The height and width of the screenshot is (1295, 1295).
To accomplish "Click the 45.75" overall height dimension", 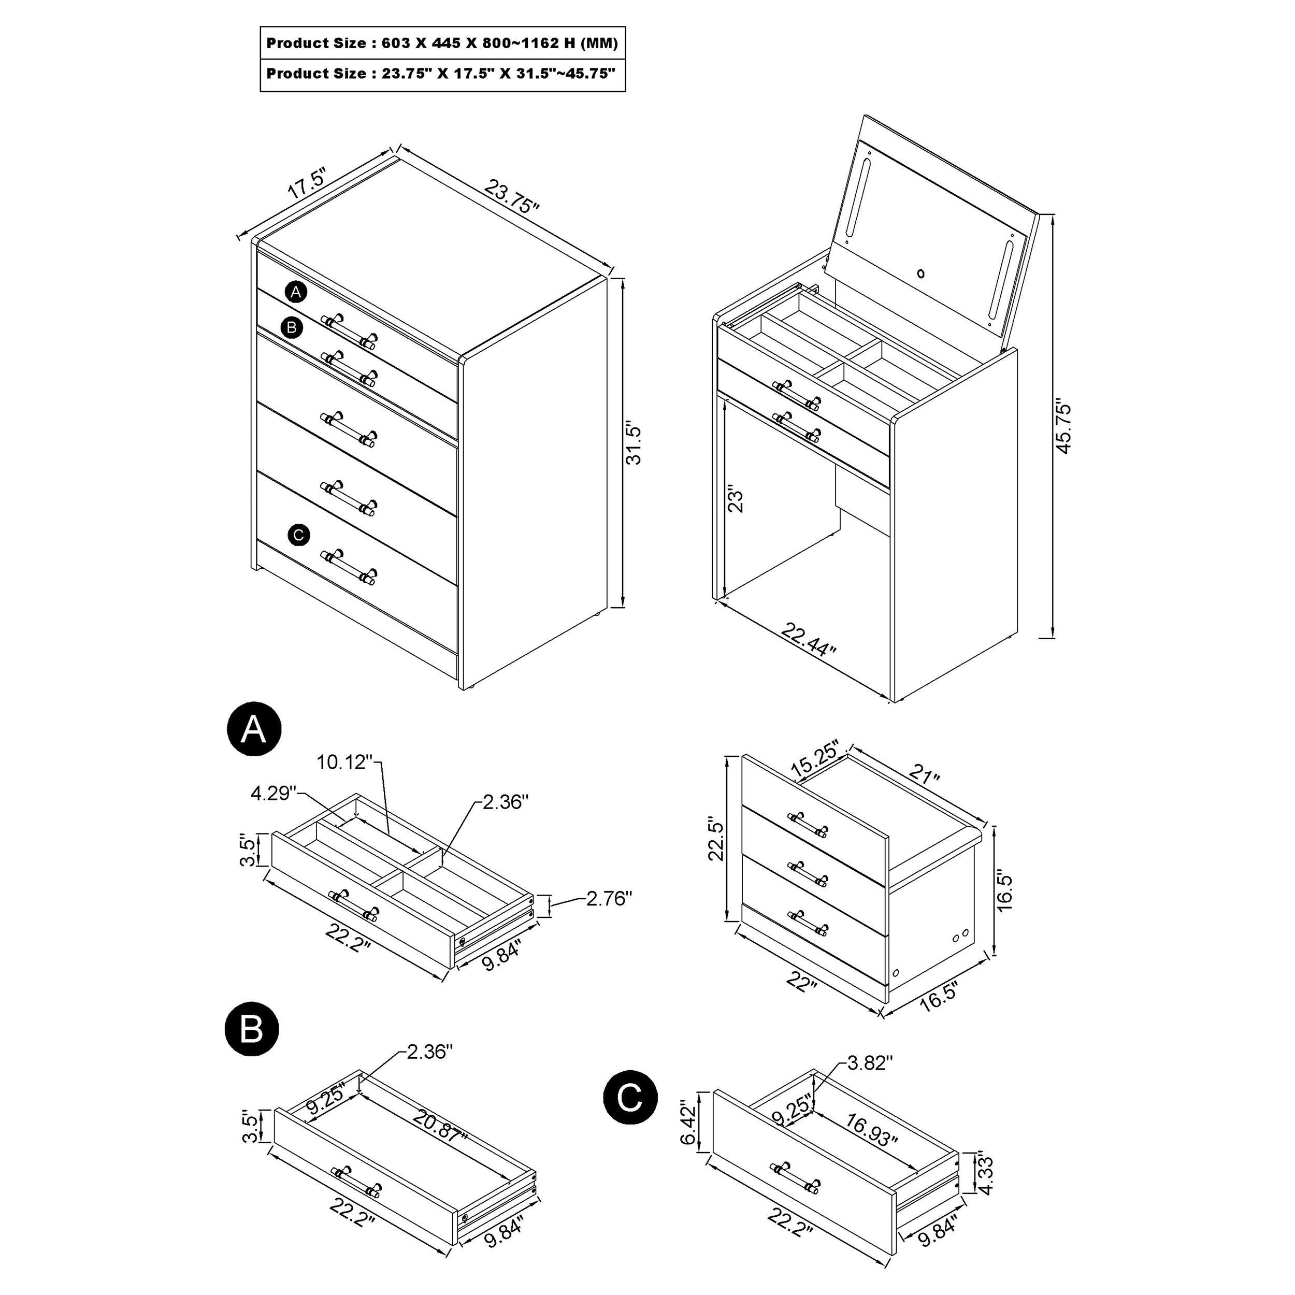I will pyautogui.click(x=1064, y=428).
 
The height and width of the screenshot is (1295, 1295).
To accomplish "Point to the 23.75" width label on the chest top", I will pyautogui.click(x=512, y=196).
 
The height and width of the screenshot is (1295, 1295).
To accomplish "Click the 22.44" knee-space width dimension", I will pyautogui.click(x=809, y=641).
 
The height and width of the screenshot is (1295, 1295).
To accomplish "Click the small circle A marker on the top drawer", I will pyautogui.click(x=296, y=292).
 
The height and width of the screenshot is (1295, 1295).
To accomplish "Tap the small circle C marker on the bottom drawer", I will pyautogui.click(x=299, y=535).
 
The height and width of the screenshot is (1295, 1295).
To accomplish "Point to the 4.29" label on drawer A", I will pyautogui.click(x=274, y=794).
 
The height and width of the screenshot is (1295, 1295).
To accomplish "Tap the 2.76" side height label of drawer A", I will pyautogui.click(x=609, y=898).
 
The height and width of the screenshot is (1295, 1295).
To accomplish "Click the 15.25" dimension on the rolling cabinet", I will pyautogui.click(x=814, y=761).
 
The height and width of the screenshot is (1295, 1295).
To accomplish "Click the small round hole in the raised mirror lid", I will pyautogui.click(x=922, y=273).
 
